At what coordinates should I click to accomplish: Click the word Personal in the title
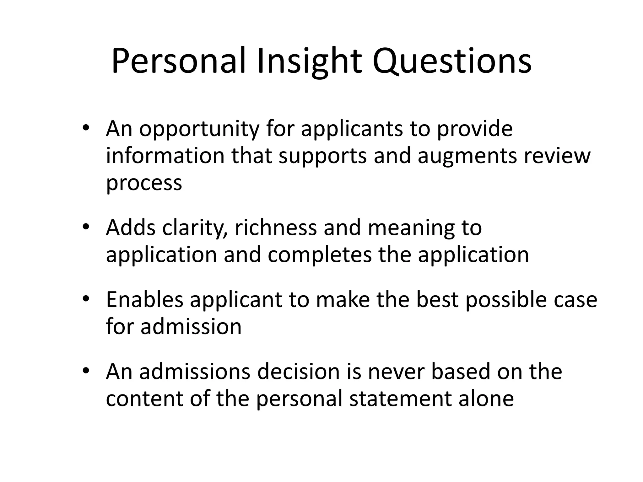(x=178, y=61)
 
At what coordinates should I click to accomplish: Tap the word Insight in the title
(x=309, y=61)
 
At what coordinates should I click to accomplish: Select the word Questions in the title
(x=452, y=61)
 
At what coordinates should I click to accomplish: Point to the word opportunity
(x=199, y=129)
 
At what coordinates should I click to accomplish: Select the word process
(x=144, y=183)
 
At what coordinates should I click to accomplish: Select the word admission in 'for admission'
(x=191, y=327)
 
